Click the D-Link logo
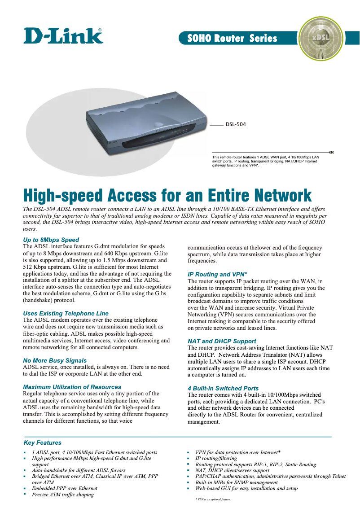pyautogui.click(x=63, y=35)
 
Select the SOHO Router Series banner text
pyautogui.click(x=232, y=38)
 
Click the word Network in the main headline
pyautogui.click(x=281, y=196)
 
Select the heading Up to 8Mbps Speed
pyautogui.click(x=51, y=240)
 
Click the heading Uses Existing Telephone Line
pyautogui.click(x=66, y=313)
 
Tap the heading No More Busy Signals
pyautogui.click(x=55, y=360)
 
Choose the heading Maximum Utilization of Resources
pyautogui.click(x=72, y=387)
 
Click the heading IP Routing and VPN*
pyautogui.click(x=217, y=274)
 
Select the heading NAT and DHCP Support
pyautogui.click(x=222, y=341)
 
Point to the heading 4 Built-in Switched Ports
pyautogui.click(x=223, y=388)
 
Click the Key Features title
pyautogui.click(x=42, y=442)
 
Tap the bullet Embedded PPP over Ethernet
pyautogui.click(x=64, y=488)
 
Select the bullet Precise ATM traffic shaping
pyautogui.click(x=63, y=495)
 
